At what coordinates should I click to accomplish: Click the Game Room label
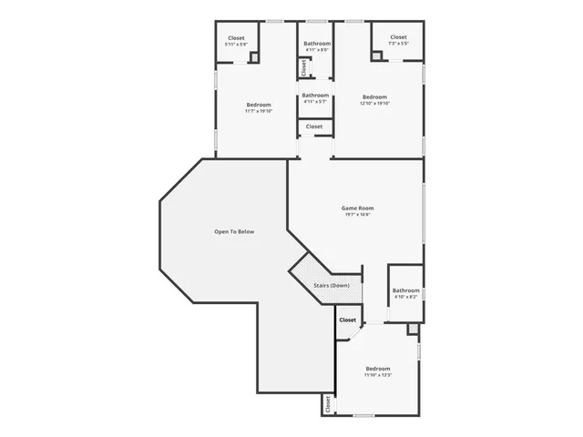(358, 208)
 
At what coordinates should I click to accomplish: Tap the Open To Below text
(234, 232)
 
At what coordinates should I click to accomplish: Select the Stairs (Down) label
(332, 286)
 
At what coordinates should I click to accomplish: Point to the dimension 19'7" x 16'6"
(358, 215)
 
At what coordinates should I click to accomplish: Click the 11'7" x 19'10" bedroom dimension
(259, 111)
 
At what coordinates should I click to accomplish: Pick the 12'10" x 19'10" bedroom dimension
(374, 104)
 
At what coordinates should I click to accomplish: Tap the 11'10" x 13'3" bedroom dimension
(378, 374)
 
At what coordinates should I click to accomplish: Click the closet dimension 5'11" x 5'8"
(236, 45)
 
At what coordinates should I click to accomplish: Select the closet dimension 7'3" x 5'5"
(399, 44)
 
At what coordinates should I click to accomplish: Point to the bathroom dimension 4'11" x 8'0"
(317, 50)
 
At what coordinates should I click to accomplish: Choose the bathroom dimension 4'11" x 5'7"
(315, 102)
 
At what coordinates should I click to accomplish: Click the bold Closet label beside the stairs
(348, 320)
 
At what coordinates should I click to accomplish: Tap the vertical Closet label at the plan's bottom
(327, 405)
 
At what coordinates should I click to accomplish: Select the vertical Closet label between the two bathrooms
(304, 68)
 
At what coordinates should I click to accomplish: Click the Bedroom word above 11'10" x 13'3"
(378, 368)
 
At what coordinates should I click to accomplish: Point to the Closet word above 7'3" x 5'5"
(399, 37)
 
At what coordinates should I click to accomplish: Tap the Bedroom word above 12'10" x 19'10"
(374, 97)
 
